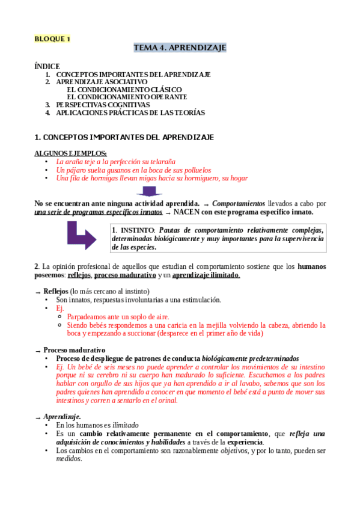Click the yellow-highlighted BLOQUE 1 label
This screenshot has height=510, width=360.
[52, 39]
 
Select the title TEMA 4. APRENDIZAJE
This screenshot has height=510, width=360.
[180, 48]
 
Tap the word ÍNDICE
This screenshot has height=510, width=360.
[47, 66]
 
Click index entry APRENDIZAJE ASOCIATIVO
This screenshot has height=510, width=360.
[102, 82]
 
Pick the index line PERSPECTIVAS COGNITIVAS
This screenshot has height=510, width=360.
[103, 105]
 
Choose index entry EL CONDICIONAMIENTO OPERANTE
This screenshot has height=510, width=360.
[127, 97]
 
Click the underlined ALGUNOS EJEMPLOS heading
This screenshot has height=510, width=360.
[71, 153]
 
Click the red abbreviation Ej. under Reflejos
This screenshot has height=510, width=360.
[60, 308]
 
